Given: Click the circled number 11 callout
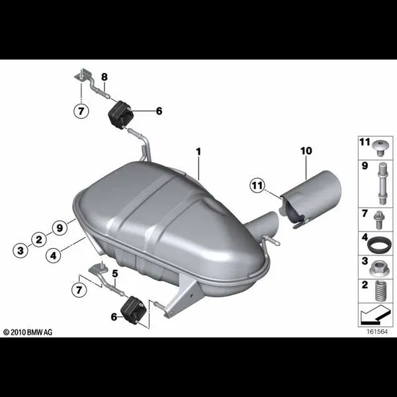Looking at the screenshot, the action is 257,185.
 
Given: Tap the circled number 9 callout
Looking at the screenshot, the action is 60,228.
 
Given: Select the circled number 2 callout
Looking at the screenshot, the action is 39,240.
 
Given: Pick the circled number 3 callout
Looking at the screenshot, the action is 21,251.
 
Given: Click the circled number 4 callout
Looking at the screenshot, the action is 54,255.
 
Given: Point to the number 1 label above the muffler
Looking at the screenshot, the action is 198,152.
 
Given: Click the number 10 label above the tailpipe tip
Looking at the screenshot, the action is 306,151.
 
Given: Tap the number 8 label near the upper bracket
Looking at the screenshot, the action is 105,77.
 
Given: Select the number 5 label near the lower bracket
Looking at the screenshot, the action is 115,274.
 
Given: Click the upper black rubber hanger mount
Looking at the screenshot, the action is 120,114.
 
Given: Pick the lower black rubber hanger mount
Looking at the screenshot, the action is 134,311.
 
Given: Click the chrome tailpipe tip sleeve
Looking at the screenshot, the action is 311,198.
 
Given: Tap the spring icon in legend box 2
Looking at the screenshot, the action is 380,290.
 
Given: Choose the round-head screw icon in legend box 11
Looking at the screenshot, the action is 380,148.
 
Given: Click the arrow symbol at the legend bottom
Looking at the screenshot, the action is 375,315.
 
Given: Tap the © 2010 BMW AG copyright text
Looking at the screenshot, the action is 28,332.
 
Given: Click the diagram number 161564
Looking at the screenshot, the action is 377,331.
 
